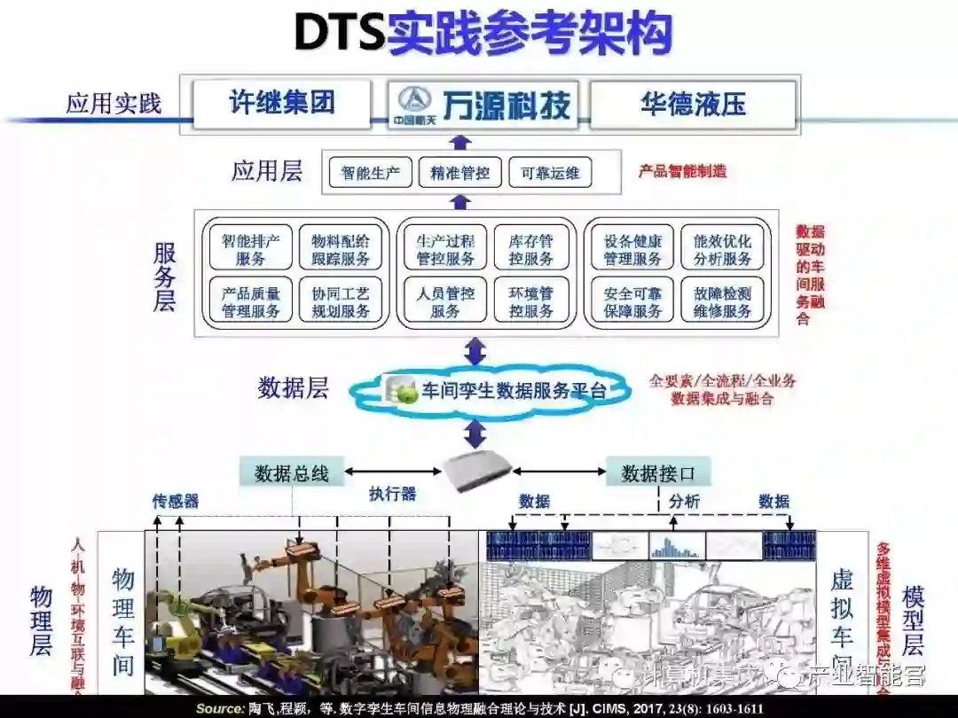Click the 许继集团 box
point(281,104)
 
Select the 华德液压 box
point(693,105)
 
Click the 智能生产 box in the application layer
point(371,172)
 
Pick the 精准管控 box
point(460,172)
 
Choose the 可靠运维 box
point(550,172)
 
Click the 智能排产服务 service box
point(251,249)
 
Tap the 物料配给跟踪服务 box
point(341,249)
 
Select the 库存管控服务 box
point(531,249)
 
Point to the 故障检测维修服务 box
point(722,301)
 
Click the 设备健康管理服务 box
point(633,249)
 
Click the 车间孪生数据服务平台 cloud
point(498,390)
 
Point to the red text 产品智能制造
point(682,171)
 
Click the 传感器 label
point(176,501)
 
